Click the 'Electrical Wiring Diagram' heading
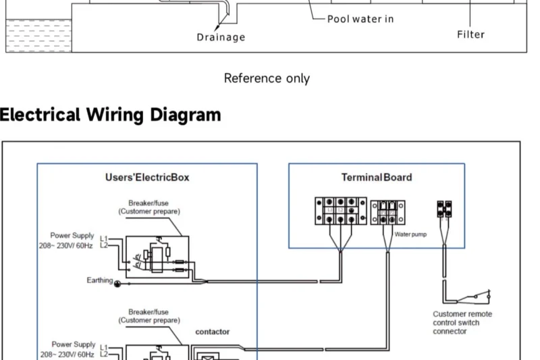(110, 115)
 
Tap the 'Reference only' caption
(267, 78)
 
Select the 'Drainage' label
(221, 37)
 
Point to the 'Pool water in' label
(360, 19)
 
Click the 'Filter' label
(470, 34)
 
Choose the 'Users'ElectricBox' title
(147, 178)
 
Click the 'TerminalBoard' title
(377, 178)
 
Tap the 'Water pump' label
(410, 234)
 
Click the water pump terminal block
(388, 212)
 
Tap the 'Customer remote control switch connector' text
(462, 323)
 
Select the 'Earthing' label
(99, 280)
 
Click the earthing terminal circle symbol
(117, 284)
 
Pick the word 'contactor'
(213, 332)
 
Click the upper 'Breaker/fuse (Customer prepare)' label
(149, 207)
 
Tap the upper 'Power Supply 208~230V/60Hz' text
(67, 240)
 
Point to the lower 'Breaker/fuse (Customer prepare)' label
(149, 316)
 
